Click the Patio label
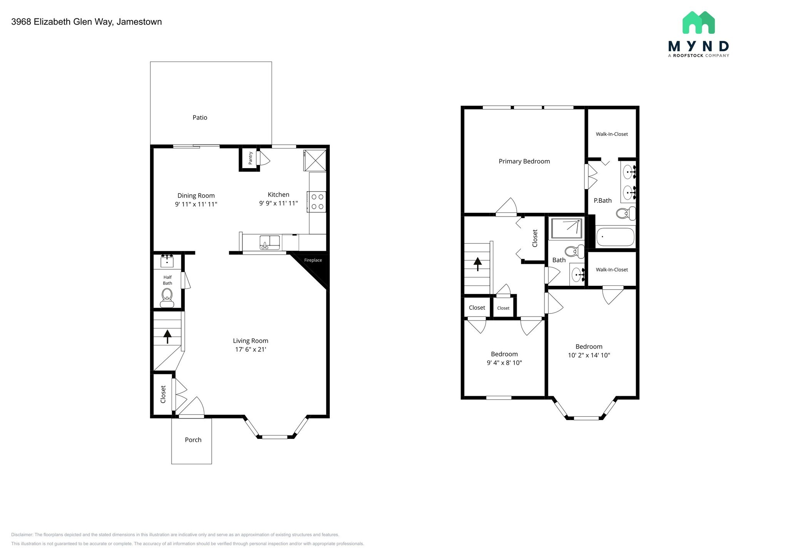click(x=200, y=118)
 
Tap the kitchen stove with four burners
click(x=317, y=202)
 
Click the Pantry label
click(x=250, y=158)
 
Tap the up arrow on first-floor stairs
click(x=167, y=336)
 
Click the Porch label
click(x=193, y=440)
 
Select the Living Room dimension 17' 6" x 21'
click(x=250, y=350)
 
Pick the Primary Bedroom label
click(x=524, y=162)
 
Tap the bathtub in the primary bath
click(x=615, y=237)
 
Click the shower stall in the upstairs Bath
click(x=566, y=228)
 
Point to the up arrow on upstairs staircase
click(x=477, y=264)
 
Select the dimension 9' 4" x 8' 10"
click(x=504, y=363)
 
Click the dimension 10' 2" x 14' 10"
click(x=589, y=355)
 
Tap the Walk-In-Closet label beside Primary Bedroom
click(x=612, y=134)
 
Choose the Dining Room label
click(x=196, y=196)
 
